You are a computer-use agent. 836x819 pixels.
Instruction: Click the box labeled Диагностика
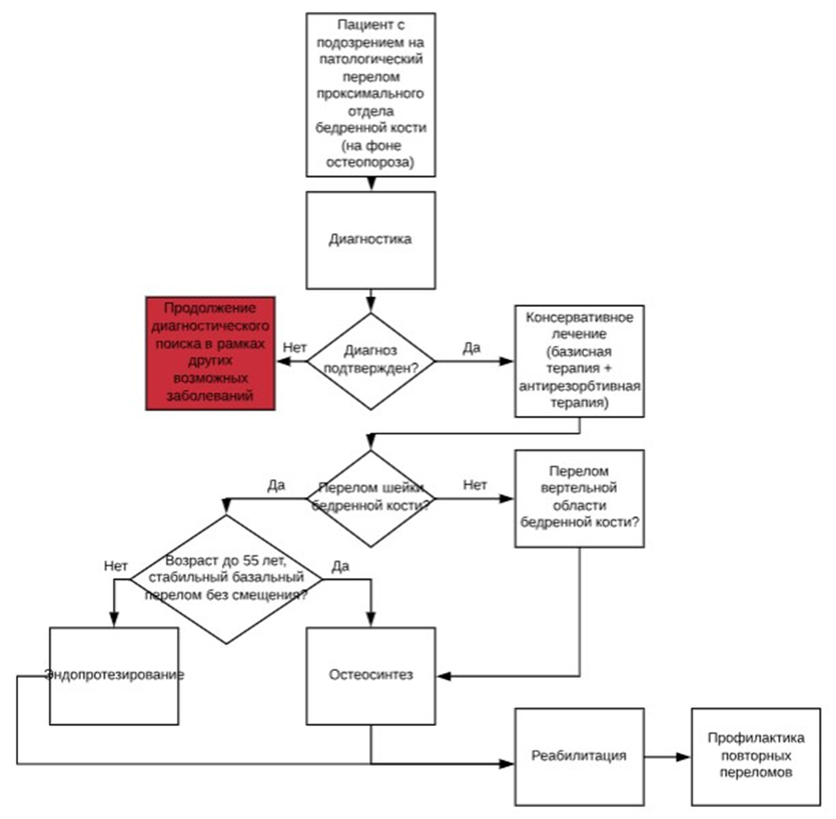coord(371,240)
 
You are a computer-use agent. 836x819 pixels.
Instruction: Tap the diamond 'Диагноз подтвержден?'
coord(371,361)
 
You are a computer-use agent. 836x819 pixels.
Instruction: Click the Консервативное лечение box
coord(578,361)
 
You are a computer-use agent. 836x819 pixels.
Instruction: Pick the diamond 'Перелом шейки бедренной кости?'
coord(371,498)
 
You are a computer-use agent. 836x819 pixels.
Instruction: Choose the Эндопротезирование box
coord(114,675)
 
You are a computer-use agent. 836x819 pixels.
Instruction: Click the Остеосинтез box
coord(371,675)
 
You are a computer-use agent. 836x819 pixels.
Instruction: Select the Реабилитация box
coord(578,756)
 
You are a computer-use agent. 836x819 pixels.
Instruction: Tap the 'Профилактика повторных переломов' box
coord(755,756)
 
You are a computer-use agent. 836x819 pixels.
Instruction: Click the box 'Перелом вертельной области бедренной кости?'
coord(578,499)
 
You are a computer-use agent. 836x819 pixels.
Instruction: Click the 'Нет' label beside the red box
coord(294,346)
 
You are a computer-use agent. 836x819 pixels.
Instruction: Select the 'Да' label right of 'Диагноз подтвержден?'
coord(471,347)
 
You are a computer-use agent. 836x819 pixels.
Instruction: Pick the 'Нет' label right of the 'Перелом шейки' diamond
coord(475,485)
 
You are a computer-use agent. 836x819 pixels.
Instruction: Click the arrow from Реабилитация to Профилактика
coord(667,757)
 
